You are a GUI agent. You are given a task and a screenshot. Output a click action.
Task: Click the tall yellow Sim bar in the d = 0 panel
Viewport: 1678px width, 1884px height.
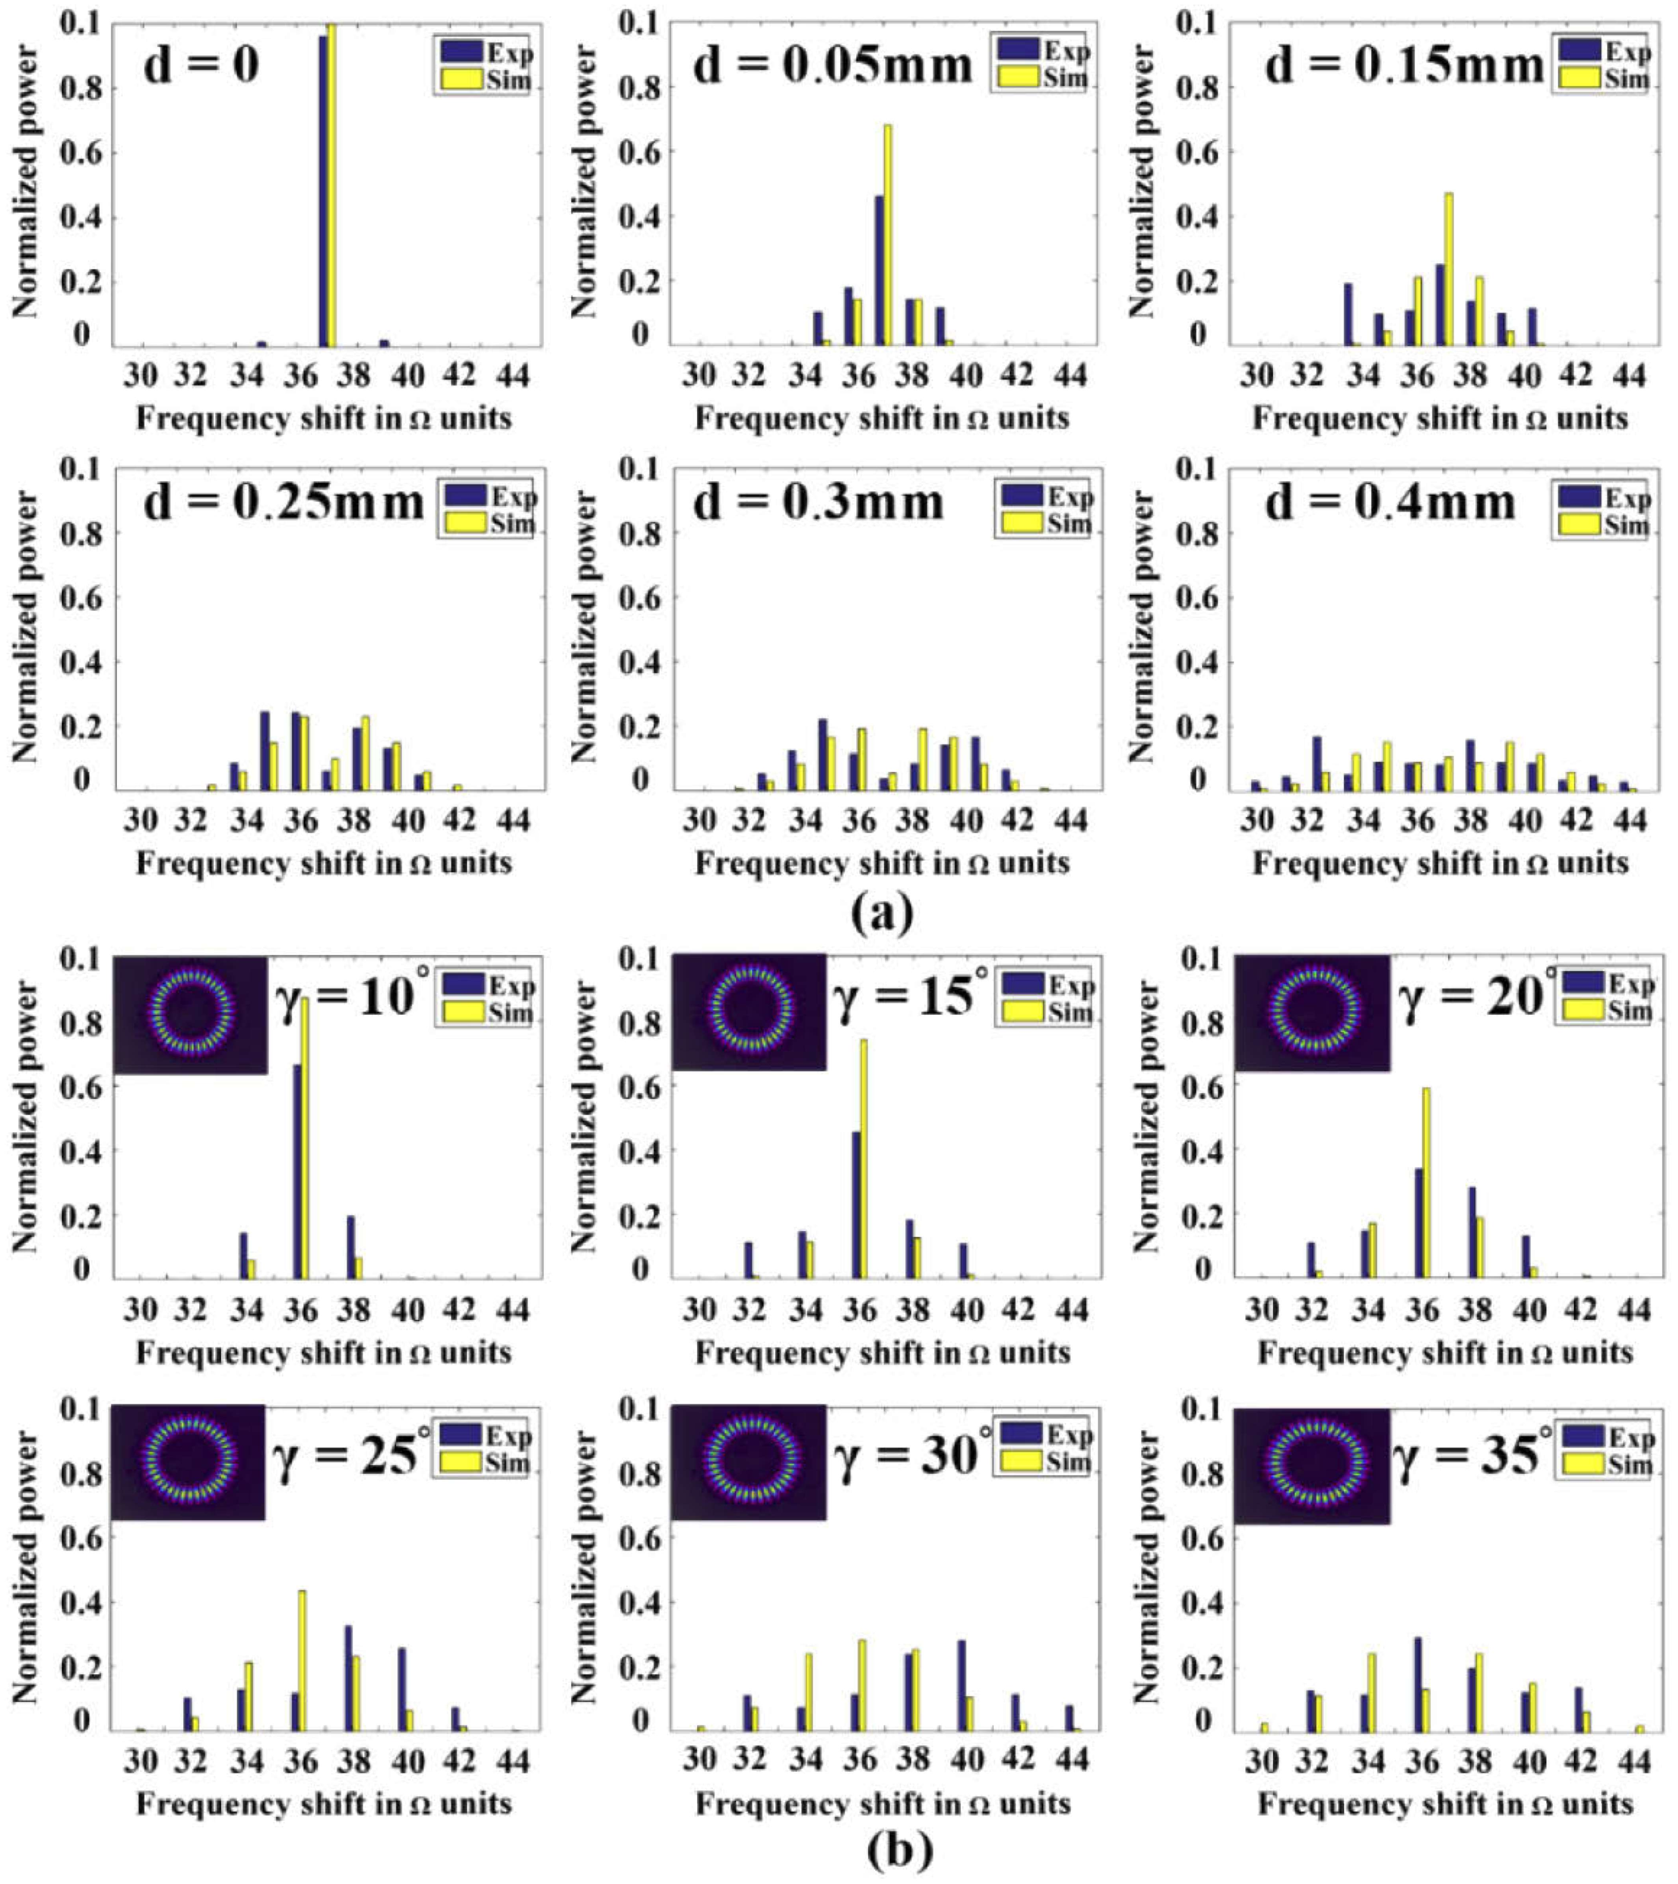click(x=332, y=185)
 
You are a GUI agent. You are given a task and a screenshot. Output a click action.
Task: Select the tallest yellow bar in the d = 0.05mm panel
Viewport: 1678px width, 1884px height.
click(x=888, y=235)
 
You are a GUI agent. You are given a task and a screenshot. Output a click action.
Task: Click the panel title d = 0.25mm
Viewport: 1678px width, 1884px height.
click(x=283, y=502)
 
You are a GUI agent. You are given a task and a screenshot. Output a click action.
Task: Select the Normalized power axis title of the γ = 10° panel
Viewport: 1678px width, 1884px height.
click(x=26, y=1115)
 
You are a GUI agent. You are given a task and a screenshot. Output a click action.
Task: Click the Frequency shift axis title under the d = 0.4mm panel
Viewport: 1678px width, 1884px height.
click(x=1440, y=864)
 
